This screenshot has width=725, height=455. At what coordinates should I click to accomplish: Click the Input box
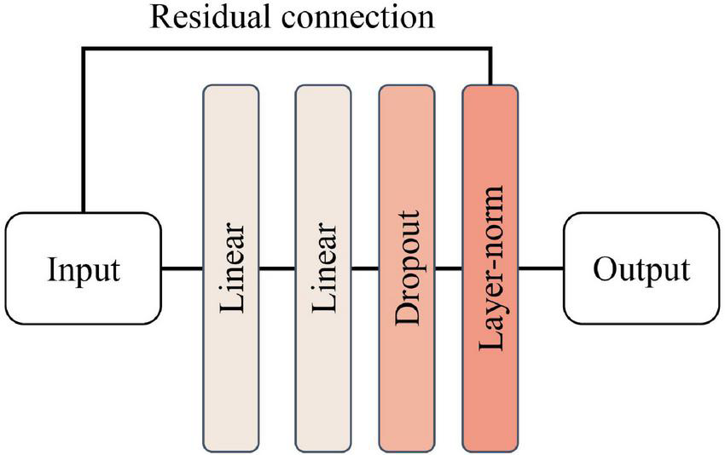tap(83, 268)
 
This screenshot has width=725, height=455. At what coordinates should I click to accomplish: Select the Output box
tap(641, 268)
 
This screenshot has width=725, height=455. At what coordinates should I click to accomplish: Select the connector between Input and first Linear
tap(181, 268)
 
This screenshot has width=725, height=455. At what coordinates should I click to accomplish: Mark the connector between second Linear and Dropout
tap(364, 268)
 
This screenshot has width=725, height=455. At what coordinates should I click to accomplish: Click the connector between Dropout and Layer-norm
tap(448, 268)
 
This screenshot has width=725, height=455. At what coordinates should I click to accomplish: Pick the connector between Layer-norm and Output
tap(540, 268)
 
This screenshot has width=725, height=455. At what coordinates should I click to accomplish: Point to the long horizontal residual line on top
tap(286, 49)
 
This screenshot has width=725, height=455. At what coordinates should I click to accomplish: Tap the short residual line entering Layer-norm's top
tap(491, 68)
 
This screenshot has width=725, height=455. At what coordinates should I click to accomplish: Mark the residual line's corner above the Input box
tap(83, 49)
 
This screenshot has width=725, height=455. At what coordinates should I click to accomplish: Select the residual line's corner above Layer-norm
tap(491, 49)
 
